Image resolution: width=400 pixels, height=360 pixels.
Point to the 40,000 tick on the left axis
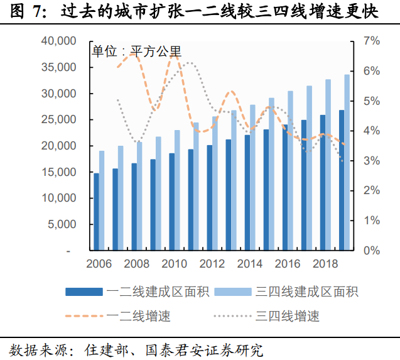pos(58,41)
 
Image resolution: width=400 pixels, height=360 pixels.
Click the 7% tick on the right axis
pos(372,41)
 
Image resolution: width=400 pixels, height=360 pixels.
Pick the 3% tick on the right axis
pos(372,161)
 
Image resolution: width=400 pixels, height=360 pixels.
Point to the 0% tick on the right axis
pos(372,250)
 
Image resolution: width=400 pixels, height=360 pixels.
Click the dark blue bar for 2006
pos(96,212)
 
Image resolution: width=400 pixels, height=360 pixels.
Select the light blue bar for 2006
pos(102,200)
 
